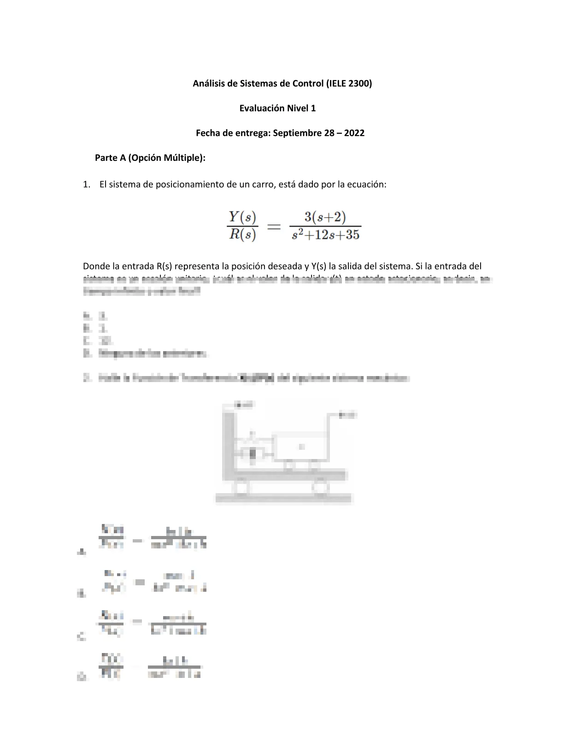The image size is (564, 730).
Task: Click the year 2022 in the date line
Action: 354,133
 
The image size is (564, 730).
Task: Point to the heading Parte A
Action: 111,158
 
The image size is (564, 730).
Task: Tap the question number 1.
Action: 86,184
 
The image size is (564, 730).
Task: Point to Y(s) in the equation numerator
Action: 242,217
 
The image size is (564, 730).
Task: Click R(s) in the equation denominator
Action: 242,235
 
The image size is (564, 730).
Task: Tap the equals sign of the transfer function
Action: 274,226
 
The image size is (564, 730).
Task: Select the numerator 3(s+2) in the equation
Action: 325,217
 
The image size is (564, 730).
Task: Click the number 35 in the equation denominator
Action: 352,235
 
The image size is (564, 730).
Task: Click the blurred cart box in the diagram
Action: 301,446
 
